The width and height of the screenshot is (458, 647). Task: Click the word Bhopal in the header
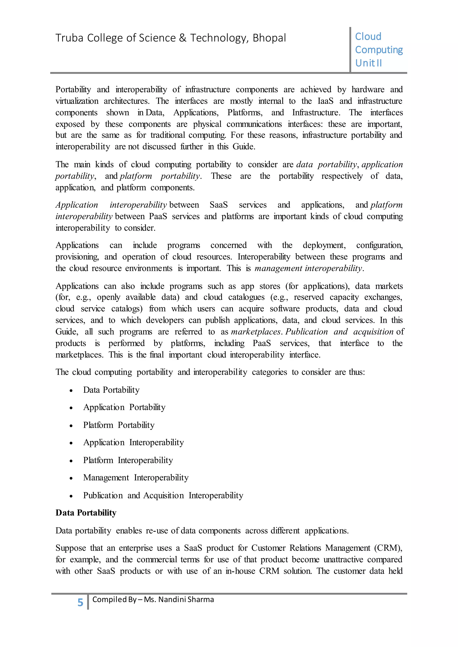269,38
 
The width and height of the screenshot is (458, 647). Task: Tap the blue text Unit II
368,63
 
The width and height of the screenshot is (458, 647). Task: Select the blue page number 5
80,603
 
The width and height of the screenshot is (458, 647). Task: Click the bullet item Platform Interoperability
128,460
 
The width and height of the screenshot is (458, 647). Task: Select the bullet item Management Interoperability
136,478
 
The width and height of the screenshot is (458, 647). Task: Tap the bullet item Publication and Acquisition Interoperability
163,495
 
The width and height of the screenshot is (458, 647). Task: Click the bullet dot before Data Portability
71,391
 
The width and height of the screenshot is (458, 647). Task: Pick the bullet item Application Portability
124,407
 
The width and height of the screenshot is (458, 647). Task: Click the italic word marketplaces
256,332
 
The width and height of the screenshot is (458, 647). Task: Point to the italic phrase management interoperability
309,268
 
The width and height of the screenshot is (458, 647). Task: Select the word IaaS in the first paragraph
325,101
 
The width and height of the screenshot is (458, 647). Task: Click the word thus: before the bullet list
357,372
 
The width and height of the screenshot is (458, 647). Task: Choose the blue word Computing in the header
379,50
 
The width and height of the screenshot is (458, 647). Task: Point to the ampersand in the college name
182,38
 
